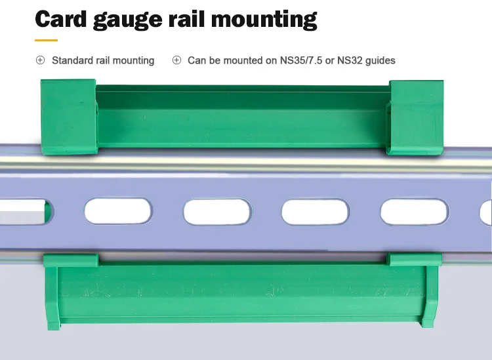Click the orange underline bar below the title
(x=46, y=40)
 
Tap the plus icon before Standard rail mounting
(x=40, y=60)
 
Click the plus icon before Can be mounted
(x=176, y=60)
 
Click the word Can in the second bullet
(x=197, y=60)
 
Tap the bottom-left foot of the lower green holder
(x=52, y=321)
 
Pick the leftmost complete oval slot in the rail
(x=119, y=212)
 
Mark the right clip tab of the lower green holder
(x=413, y=260)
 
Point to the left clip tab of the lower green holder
(x=71, y=260)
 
